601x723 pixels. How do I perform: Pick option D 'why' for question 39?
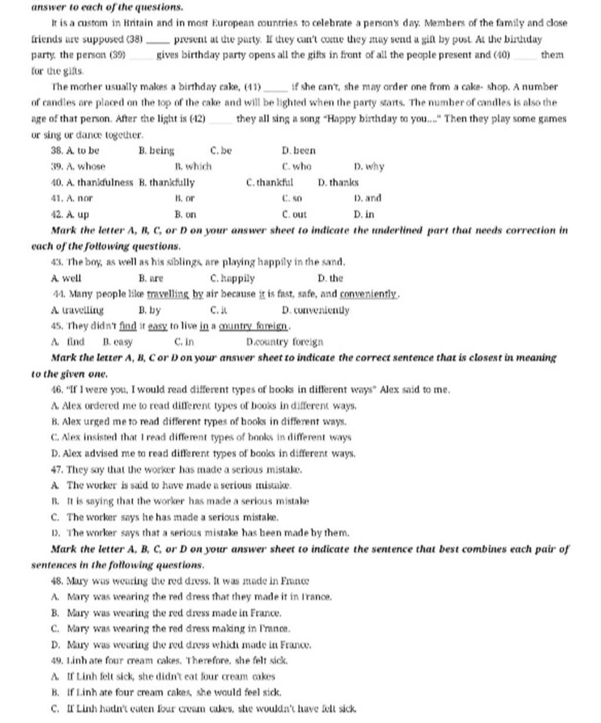[369, 167]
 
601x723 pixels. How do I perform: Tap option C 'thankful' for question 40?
[269, 183]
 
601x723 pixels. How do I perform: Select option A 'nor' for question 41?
[72, 199]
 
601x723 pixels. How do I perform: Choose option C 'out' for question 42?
[294, 215]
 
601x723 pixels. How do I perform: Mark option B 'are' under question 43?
[151, 278]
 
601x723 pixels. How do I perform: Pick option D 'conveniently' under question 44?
[315, 310]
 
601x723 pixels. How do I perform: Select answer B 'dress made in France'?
[174, 613]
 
